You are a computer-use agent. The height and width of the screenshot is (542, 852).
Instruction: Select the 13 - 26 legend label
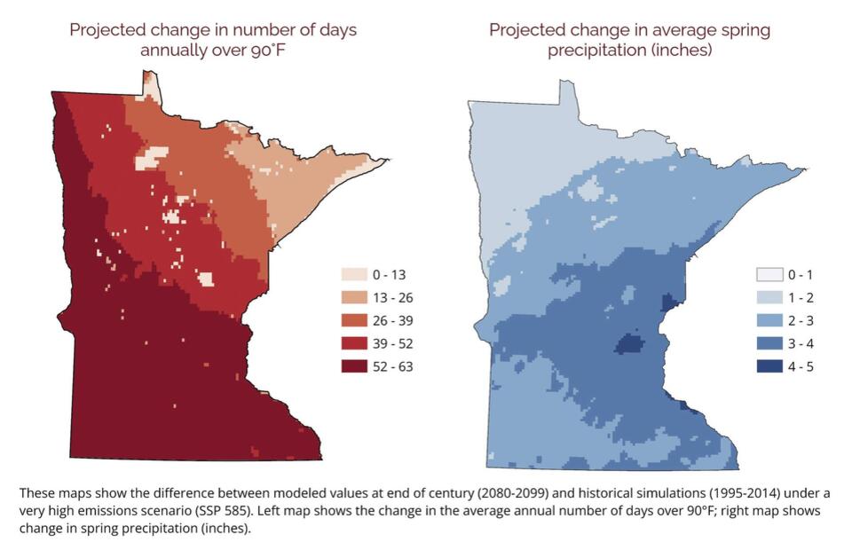point(394,297)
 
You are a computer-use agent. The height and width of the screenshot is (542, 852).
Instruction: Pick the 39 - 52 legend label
point(394,343)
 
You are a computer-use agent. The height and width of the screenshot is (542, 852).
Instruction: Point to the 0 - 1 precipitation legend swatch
point(769,274)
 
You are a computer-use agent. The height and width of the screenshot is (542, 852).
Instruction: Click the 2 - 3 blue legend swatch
point(769,320)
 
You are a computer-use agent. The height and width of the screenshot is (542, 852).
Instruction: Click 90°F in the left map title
point(272,50)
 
